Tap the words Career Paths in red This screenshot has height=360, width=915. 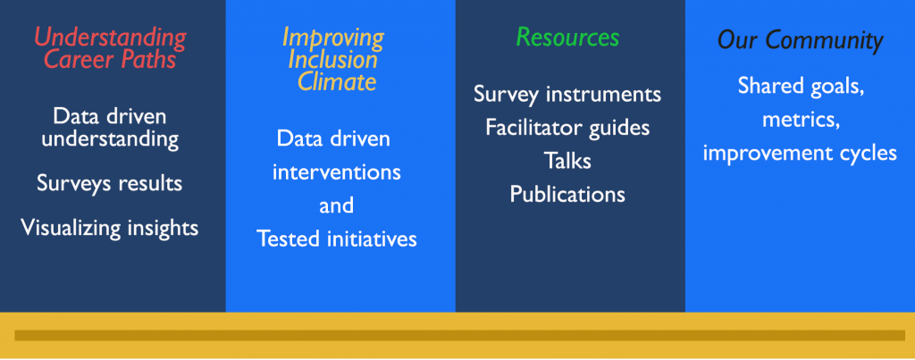pyautogui.click(x=110, y=60)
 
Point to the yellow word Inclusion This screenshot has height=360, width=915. pyautogui.click(x=332, y=60)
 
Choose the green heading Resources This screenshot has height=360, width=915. pyautogui.click(x=567, y=38)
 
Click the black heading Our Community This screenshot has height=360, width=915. pyautogui.click(x=800, y=40)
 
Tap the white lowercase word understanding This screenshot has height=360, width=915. pyautogui.click(x=110, y=139)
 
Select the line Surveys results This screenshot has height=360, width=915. pyautogui.click(x=110, y=184)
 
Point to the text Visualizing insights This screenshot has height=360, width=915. pyautogui.click(x=110, y=228)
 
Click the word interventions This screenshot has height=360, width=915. pyautogui.click(x=337, y=172)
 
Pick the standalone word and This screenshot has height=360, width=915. pyautogui.click(x=336, y=205)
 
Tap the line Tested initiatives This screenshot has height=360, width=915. pyautogui.click(x=337, y=239)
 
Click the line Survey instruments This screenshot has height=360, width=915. pyautogui.click(x=567, y=94)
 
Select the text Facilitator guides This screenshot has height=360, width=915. pyautogui.click(x=567, y=127)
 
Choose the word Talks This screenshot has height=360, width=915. pyautogui.click(x=567, y=161)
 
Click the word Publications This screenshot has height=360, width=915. pyautogui.click(x=567, y=194)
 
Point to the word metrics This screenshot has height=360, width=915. pyautogui.click(x=800, y=120)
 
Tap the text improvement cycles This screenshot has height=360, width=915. pyautogui.click(x=800, y=153)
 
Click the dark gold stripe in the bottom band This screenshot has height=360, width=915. pyautogui.click(x=460, y=336)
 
